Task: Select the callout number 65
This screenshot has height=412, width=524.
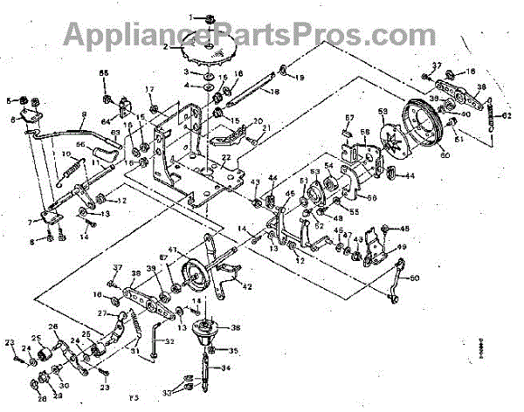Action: (x=105, y=72)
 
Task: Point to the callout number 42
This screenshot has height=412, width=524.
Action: (x=247, y=286)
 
